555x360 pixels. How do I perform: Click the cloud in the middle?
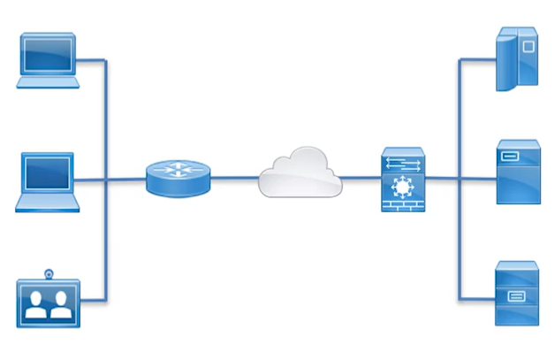pyautogui.click(x=300, y=172)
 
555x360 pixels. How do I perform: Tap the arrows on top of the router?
pyautogui.click(x=179, y=171)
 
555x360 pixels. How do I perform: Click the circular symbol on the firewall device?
pyautogui.click(x=404, y=188)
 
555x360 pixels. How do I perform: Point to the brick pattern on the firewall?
pyautogui.click(x=404, y=206)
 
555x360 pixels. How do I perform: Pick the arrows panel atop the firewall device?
pyautogui.click(x=404, y=163)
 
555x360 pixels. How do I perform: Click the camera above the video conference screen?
pyautogui.click(x=49, y=273)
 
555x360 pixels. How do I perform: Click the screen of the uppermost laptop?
pyautogui.click(x=49, y=55)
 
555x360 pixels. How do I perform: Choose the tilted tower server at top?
pyautogui.click(x=516, y=57)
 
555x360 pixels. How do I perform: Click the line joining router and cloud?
pyautogui.click(x=234, y=178)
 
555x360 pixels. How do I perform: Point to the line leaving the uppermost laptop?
pyautogui.click(x=93, y=61)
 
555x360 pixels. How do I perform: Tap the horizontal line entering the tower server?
pyautogui.click(x=475, y=59)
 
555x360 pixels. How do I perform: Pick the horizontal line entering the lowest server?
pyautogui.click(x=477, y=298)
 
